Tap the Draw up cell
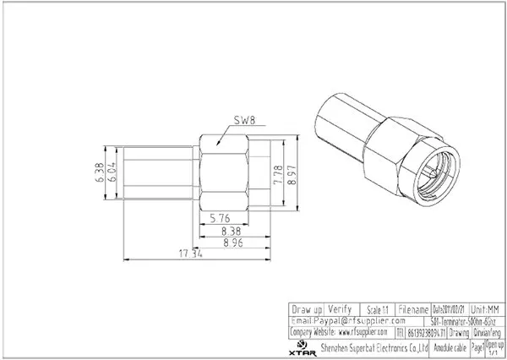[x=306, y=309]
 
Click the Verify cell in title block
[x=340, y=309]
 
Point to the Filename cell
[x=412, y=309]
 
